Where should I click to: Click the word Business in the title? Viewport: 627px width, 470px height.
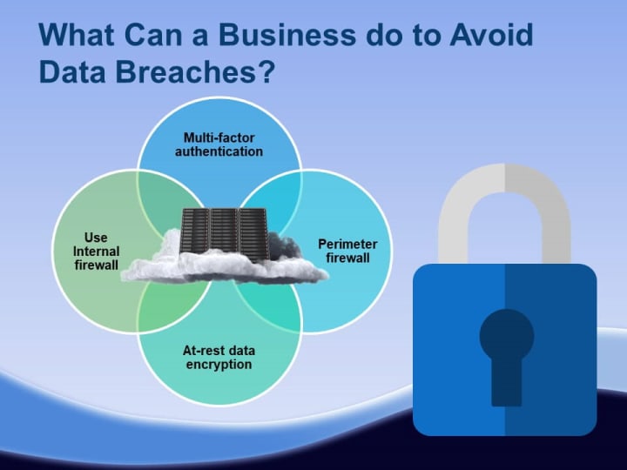[x=287, y=35]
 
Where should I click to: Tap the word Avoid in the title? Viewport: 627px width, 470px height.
[x=491, y=35]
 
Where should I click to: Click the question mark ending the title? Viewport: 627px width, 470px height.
[x=266, y=72]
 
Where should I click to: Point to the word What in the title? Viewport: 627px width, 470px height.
[x=77, y=35]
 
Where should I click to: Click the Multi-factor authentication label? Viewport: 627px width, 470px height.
[x=219, y=144]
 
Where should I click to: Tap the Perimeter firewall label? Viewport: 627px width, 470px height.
[x=347, y=251]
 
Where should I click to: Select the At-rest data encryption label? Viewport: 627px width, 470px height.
[x=219, y=358]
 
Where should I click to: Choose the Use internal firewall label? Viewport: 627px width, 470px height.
[x=97, y=251]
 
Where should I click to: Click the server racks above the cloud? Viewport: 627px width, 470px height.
[x=224, y=234]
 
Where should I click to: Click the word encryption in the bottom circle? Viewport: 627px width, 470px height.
[x=219, y=365]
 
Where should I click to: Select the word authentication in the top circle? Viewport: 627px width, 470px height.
[x=219, y=151]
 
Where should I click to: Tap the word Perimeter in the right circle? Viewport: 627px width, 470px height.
[x=347, y=245]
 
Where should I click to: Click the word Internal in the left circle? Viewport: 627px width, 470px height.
[x=97, y=252]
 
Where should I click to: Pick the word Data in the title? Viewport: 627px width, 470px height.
[x=72, y=72]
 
